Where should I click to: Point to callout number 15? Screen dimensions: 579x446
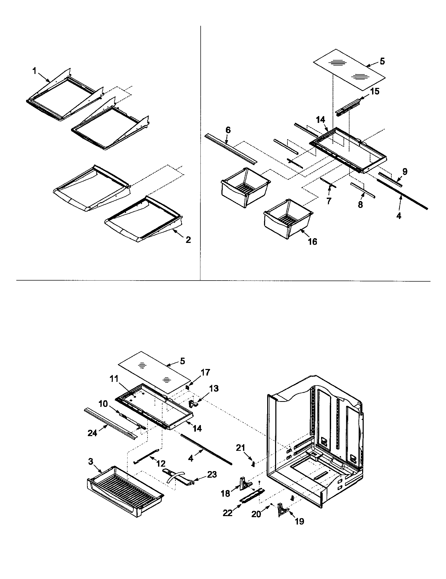(x=375, y=92)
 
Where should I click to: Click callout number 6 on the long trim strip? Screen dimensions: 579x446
(x=228, y=130)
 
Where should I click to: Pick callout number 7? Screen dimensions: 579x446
(x=329, y=201)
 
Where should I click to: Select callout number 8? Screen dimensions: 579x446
(x=360, y=205)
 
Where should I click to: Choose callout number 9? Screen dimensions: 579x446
(x=405, y=172)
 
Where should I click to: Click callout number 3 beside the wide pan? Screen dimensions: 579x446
(x=91, y=462)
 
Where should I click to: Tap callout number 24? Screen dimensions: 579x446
(x=92, y=433)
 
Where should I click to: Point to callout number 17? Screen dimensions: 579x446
(x=205, y=372)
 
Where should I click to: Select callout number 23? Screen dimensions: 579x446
(x=212, y=474)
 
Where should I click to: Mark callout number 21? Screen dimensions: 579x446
(x=241, y=448)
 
